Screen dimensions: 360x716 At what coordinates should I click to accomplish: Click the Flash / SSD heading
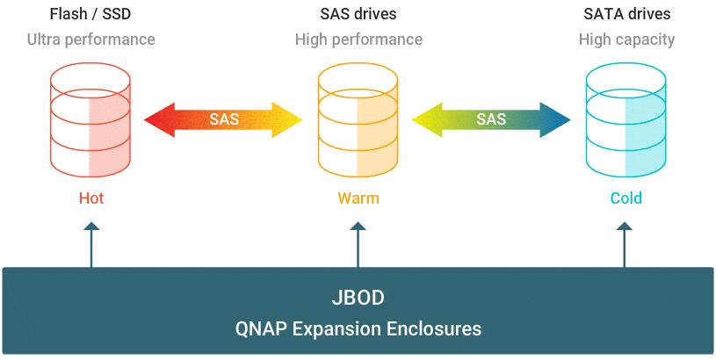click(x=91, y=14)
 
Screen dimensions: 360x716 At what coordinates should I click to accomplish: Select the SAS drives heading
click(x=358, y=14)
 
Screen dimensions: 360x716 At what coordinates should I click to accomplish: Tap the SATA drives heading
click(x=626, y=14)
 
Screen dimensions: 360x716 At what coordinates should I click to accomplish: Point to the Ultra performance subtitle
click(x=91, y=40)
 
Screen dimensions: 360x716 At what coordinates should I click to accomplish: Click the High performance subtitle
click(x=358, y=40)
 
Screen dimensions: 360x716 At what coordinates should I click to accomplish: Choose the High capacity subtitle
click(x=626, y=40)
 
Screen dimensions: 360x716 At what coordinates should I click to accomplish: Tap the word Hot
click(x=91, y=198)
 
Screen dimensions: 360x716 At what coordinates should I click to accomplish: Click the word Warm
click(x=358, y=198)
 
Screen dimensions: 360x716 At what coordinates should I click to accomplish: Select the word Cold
click(x=626, y=198)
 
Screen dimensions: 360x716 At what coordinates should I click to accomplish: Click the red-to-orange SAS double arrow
click(x=223, y=119)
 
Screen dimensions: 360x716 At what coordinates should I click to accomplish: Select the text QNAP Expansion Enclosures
click(x=358, y=329)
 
